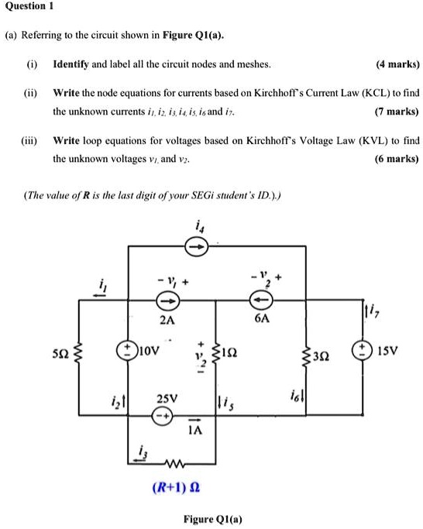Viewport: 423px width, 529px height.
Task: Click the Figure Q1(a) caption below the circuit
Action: (x=211, y=518)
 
